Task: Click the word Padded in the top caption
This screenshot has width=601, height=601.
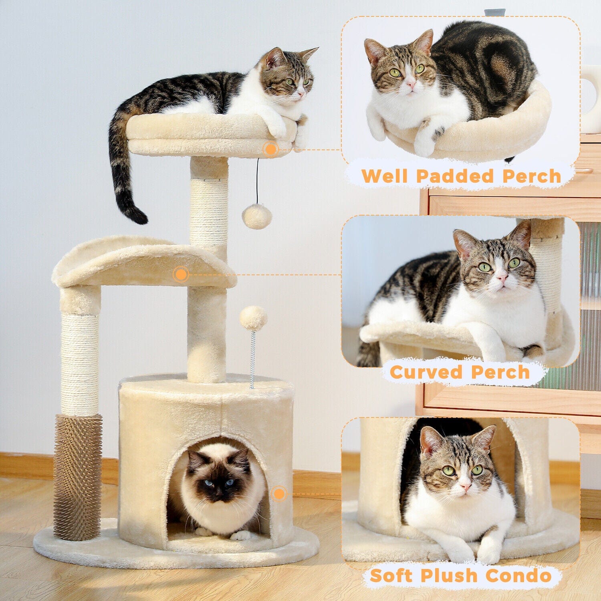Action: point(455,176)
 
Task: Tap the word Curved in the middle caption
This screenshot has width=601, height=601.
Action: point(426,372)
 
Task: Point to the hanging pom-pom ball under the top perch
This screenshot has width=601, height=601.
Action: point(257,216)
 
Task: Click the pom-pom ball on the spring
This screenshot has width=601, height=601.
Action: point(253,318)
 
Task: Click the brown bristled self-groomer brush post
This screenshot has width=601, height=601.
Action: point(78,477)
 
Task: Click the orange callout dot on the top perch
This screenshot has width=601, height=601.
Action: point(271,149)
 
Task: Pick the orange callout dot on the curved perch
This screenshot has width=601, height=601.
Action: point(181,274)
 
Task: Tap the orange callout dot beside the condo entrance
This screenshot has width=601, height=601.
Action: point(279,494)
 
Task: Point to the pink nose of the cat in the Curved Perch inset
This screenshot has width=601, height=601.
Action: point(502,278)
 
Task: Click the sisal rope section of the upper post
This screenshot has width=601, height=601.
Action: point(209,212)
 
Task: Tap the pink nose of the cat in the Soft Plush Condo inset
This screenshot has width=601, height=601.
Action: point(465,486)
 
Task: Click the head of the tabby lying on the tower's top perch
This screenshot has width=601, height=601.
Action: point(288,76)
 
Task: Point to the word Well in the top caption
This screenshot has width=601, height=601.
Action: point(385,176)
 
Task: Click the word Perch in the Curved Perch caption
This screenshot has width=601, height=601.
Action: point(500,372)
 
